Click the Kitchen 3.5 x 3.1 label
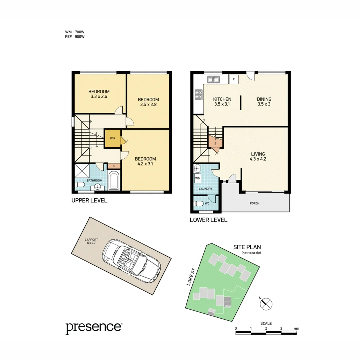point(222,102)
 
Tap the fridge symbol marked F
point(233,80)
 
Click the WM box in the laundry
point(198,178)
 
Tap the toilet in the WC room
point(199,203)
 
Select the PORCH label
point(254,203)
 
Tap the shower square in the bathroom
point(82,171)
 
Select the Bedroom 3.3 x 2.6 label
point(99,94)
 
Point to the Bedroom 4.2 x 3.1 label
point(145,161)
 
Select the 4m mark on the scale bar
point(296,328)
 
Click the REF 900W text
point(75,37)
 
